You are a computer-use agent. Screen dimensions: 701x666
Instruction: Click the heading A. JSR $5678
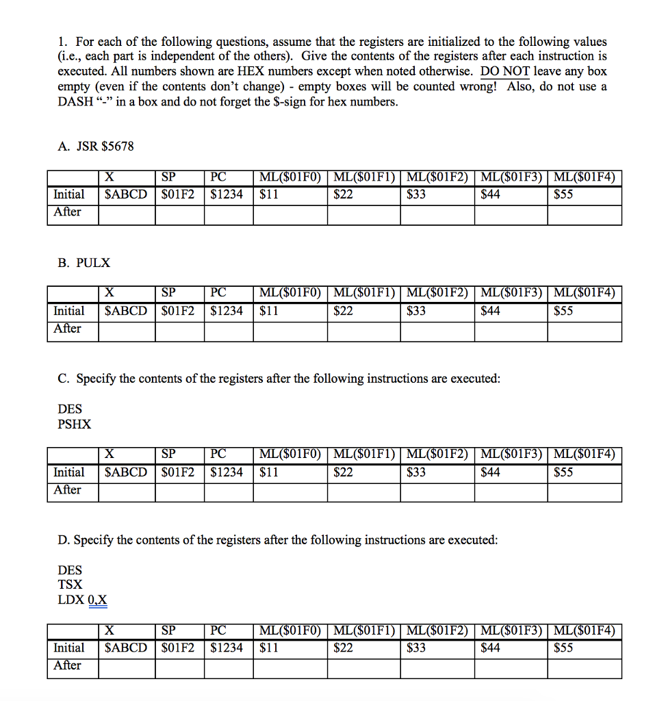pyautogui.click(x=96, y=146)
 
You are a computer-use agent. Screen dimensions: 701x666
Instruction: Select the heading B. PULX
pyautogui.click(x=84, y=262)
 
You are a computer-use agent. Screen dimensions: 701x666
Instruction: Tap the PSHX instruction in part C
pyautogui.click(x=75, y=424)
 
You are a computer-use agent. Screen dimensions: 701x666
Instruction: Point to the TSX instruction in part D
pyautogui.click(x=71, y=585)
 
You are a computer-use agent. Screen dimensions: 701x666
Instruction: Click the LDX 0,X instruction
pyautogui.click(x=82, y=600)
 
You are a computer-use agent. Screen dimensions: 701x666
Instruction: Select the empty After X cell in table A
pyautogui.click(x=127, y=213)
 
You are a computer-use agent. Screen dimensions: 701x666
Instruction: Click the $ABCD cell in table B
pyautogui.click(x=126, y=311)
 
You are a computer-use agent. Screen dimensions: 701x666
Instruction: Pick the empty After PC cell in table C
pyautogui.click(x=229, y=491)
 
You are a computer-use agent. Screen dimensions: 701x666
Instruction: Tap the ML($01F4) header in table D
pyautogui.click(x=584, y=630)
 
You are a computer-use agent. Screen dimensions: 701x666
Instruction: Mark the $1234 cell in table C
pyautogui.click(x=227, y=472)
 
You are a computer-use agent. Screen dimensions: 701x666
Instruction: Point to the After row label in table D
pyautogui.click(x=67, y=665)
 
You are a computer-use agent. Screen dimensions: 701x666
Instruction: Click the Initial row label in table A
pyautogui.click(x=68, y=194)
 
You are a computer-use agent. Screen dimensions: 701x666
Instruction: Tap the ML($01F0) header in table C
pyautogui.click(x=290, y=454)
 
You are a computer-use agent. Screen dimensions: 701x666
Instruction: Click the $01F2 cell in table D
pyautogui.click(x=178, y=648)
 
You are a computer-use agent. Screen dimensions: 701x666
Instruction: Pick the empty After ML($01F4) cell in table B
pyautogui.click(x=584, y=329)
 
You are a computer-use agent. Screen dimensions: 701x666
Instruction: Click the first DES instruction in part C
pyautogui.click(x=70, y=409)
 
